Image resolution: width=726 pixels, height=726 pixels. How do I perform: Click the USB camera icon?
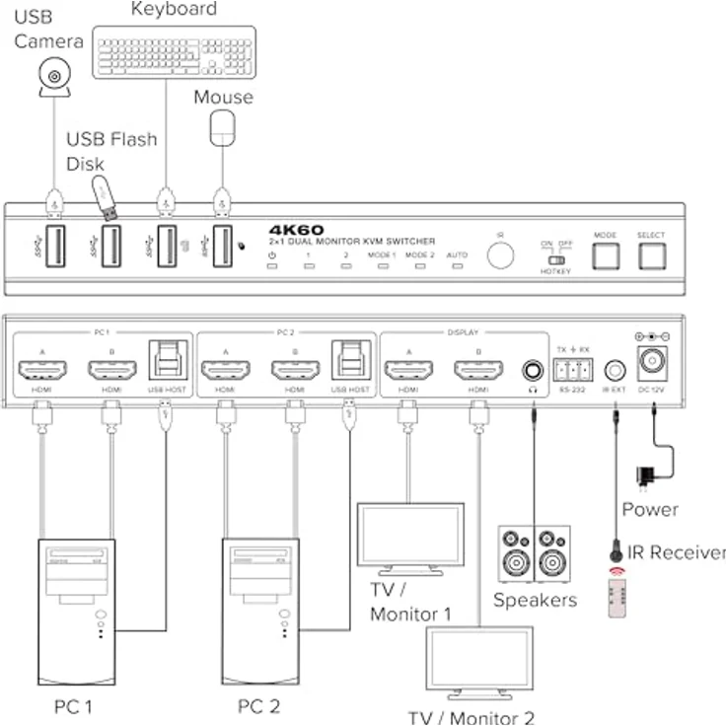[55, 77]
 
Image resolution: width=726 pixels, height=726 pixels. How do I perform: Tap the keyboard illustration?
[175, 52]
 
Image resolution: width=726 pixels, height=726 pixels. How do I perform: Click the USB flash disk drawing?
[106, 197]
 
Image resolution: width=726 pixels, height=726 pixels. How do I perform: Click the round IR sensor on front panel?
[500, 254]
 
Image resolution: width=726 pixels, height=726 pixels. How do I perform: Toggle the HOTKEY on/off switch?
[555, 261]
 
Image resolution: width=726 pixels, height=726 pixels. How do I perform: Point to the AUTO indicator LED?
[457, 266]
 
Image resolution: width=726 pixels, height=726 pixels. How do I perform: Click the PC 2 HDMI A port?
[226, 370]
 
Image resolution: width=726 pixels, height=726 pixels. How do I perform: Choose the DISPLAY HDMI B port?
[478, 371]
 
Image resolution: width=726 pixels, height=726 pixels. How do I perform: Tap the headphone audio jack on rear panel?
[533, 371]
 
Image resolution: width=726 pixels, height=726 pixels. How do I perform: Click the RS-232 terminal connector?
[573, 371]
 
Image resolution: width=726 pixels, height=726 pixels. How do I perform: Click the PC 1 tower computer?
[77, 611]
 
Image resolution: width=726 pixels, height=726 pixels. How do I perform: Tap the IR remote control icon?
[619, 597]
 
